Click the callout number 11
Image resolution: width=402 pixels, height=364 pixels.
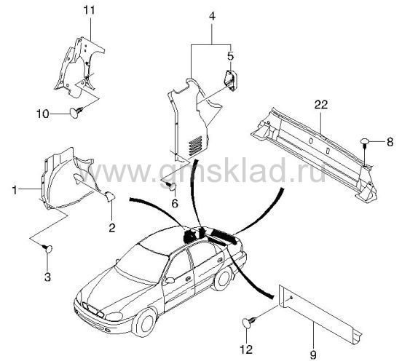(x=90, y=11)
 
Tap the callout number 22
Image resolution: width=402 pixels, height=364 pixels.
(x=321, y=105)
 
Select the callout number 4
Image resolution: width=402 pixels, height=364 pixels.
(x=212, y=16)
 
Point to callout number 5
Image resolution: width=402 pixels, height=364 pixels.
(x=230, y=56)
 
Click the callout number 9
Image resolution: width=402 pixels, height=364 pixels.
(x=313, y=355)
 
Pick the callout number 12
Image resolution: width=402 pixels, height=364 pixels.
(x=246, y=349)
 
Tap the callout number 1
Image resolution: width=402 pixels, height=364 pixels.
(x=15, y=190)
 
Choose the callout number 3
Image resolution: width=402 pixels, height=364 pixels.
(x=47, y=277)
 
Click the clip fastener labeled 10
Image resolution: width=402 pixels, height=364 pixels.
(x=76, y=113)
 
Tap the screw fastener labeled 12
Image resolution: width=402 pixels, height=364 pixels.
(x=248, y=322)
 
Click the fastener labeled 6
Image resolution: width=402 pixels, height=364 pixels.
(x=172, y=186)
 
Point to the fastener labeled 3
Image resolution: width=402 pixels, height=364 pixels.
(x=47, y=248)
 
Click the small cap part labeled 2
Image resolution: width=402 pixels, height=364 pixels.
(x=110, y=197)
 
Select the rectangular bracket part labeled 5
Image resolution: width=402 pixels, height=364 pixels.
(x=230, y=80)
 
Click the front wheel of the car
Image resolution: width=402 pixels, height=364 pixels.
(x=145, y=323)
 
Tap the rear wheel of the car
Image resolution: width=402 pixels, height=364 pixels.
(x=223, y=279)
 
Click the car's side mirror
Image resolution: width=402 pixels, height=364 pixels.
(x=170, y=280)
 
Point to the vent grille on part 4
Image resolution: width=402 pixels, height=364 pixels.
(x=196, y=146)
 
